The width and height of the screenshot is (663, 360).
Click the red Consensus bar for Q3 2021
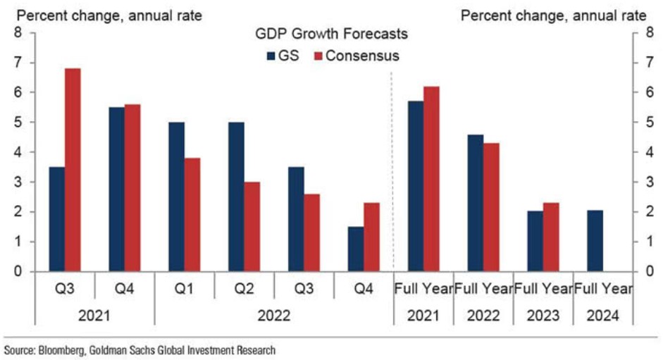(73, 170)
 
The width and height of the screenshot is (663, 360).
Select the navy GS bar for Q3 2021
(56, 219)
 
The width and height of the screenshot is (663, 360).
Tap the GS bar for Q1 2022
(176, 197)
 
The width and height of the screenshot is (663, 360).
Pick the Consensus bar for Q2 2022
(252, 226)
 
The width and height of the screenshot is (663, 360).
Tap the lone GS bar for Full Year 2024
(595, 240)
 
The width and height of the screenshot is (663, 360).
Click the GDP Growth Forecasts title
(331, 34)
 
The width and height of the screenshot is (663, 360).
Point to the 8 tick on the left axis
(17, 33)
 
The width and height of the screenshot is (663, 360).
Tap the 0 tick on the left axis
(17, 272)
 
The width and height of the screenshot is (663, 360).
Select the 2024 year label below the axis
(603, 316)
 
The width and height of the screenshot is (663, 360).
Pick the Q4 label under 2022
(364, 290)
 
